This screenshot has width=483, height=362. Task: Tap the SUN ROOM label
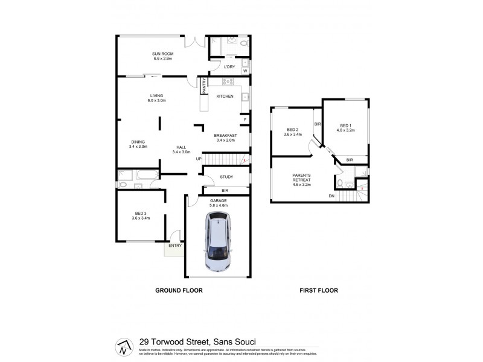[162, 54]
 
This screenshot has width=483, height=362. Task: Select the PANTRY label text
[205, 86]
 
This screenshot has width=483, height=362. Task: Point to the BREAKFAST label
[225, 135]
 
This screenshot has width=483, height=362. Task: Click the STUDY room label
[226, 177]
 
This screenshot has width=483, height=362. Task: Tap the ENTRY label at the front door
[174, 246]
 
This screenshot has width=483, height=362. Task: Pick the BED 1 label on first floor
[345, 125]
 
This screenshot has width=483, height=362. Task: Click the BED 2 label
[293, 130]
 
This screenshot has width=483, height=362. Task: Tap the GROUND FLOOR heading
[179, 290]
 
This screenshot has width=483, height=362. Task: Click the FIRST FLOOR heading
[319, 290]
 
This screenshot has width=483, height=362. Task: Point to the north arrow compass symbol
[123, 348]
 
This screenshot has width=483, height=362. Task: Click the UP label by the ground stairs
[198, 159]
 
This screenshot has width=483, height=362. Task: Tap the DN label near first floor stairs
[331, 196]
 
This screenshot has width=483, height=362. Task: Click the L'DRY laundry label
[229, 67]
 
